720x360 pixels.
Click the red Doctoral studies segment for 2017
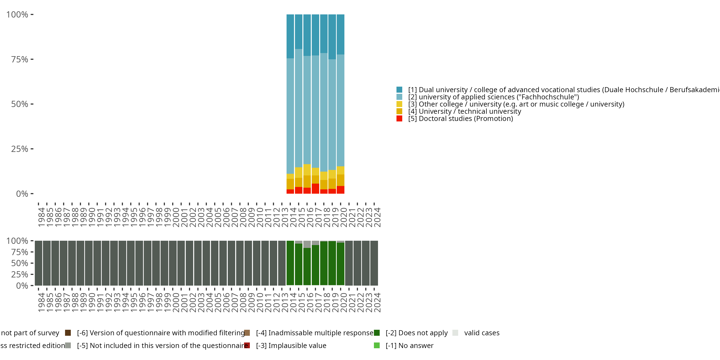[x=315, y=188]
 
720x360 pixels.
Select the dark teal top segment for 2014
[x=290, y=36]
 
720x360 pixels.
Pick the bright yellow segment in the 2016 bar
[x=307, y=170]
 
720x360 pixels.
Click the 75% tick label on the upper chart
[x=20, y=59]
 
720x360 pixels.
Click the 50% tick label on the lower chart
[x=20, y=263]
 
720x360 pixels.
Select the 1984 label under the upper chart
[x=41, y=217]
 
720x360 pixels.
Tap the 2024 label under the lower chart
[x=377, y=302]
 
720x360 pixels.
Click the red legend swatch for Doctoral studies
[x=399, y=119]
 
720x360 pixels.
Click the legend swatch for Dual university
[x=399, y=90]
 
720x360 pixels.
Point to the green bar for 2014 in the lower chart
[x=290, y=263]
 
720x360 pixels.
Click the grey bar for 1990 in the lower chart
[x=89, y=263]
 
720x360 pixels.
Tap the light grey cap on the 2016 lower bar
[x=307, y=244]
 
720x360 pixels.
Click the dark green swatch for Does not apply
[x=377, y=333]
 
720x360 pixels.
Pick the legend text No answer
[x=409, y=345]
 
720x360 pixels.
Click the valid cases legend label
[x=482, y=333]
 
